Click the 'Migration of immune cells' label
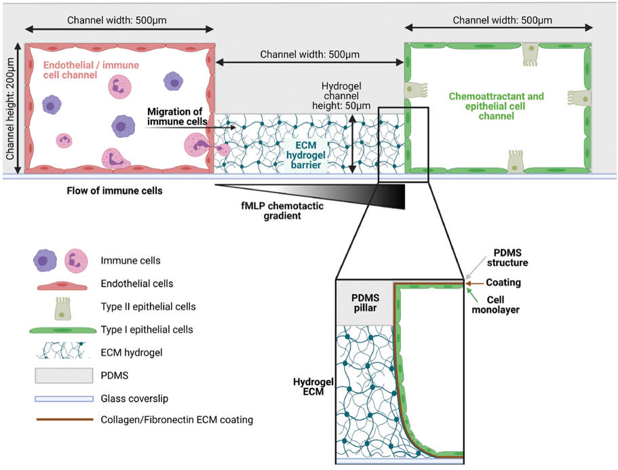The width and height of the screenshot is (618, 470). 175,116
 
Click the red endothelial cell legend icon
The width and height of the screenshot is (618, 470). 60,284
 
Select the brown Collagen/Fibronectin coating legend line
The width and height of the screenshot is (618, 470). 60,420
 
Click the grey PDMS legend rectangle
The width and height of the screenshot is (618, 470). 60,375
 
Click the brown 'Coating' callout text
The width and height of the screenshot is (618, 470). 503,282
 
